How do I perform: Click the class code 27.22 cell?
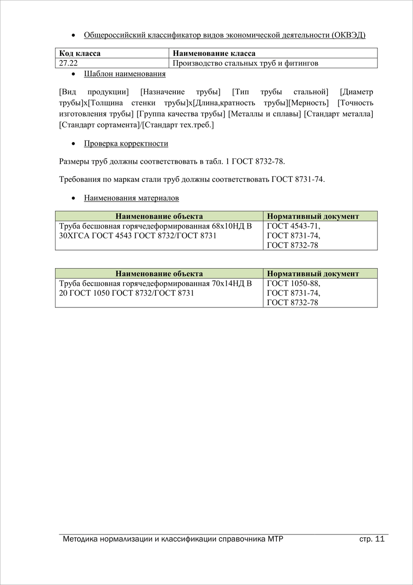click(69, 63)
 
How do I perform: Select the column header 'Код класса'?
click(80, 53)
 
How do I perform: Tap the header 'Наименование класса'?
click(214, 53)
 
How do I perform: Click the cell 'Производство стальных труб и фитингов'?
click(245, 63)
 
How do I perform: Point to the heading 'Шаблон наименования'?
click(124, 74)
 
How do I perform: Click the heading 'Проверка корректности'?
click(126, 144)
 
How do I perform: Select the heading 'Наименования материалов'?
click(131, 198)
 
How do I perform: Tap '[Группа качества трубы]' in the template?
click(181, 114)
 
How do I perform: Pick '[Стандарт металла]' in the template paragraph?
click(339, 114)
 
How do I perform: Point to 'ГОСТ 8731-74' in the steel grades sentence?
click(298, 179)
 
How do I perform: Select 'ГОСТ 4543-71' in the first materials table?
click(294, 226)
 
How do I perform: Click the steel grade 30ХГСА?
click(74, 236)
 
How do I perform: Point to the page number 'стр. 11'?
click(372, 539)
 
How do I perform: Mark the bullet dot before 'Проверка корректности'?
click(73, 144)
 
